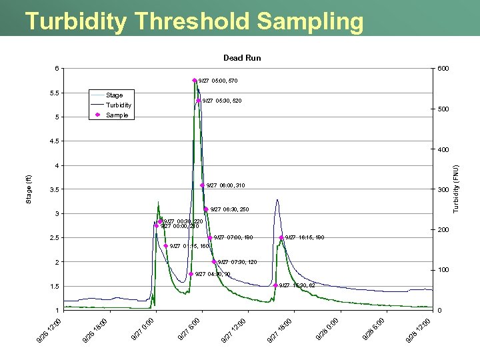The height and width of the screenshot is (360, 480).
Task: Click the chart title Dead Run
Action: click(x=242, y=58)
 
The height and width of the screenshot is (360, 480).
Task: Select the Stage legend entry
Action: click(x=114, y=95)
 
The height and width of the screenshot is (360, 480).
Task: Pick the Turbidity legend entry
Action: click(x=119, y=105)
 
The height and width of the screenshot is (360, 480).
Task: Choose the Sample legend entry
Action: click(x=117, y=115)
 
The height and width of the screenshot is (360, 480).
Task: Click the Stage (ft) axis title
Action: click(x=28, y=189)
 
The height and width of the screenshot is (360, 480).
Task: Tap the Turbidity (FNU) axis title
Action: click(x=456, y=189)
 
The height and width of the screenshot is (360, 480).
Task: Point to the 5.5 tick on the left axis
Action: click(x=53, y=93)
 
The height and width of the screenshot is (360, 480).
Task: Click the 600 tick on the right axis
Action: click(x=443, y=69)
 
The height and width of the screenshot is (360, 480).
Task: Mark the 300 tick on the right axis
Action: click(x=443, y=190)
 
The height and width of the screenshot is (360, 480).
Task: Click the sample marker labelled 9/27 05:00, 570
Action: click(x=195, y=81)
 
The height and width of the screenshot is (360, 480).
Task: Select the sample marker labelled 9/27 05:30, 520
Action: click(x=199, y=101)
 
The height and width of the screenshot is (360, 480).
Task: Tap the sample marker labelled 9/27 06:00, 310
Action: click(x=203, y=185)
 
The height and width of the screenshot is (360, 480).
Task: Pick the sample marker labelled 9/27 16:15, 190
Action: click(x=282, y=238)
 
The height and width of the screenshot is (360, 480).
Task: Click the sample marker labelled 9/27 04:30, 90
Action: click(x=191, y=274)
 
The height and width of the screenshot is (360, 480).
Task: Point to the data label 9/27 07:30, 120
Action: click(x=237, y=262)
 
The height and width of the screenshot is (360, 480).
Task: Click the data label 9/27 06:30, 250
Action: click(x=229, y=209)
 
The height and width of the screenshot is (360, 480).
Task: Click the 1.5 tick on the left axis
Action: click(x=53, y=287)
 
